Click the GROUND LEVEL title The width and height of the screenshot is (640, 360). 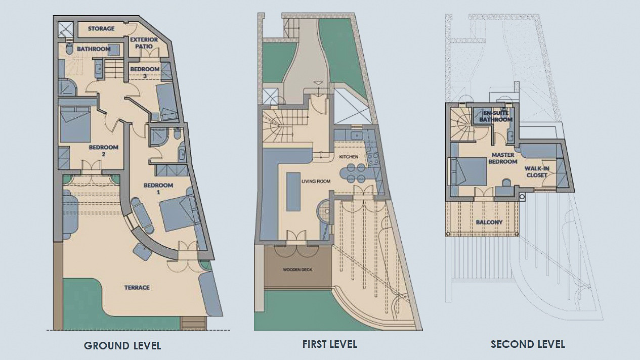(x=122, y=346)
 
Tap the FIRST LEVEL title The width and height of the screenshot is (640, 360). (x=330, y=344)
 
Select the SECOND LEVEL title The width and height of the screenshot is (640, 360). (x=528, y=344)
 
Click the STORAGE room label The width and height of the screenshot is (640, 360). (x=101, y=28)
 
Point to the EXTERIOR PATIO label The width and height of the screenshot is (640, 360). (x=144, y=43)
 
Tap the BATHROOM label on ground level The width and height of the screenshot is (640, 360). (x=94, y=49)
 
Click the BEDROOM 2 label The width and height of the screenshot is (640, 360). (x=103, y=151)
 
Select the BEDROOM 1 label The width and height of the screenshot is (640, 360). (x=158, y=189)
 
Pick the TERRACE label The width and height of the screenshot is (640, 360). (x=137, y=288)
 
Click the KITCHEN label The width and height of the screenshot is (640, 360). (x=349, y=157)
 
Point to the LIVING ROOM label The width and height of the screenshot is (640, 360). (x=316, y=182)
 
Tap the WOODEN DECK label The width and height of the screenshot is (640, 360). (x=297, y=269)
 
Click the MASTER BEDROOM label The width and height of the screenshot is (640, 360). (x=503, y=158)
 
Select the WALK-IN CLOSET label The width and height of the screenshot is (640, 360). (x=537, y=172)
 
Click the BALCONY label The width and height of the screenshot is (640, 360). (x=489, y=222)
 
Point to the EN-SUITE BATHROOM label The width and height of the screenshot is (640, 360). (x=496, y=116)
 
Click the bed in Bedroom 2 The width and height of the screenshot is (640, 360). (x=75, y=124)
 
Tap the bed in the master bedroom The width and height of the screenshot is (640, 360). (x=468, y=171)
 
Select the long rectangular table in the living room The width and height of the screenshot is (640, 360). (x=293, y=192)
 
